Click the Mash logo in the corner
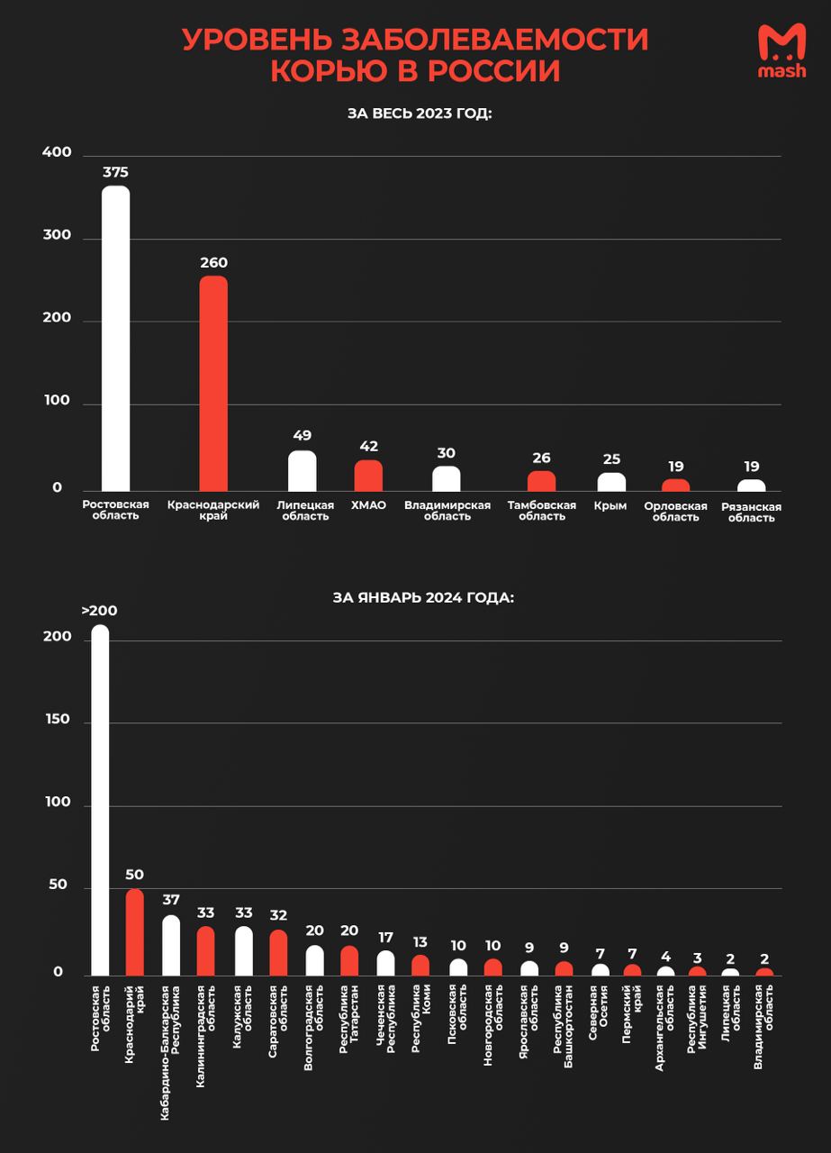[x=781, y=51]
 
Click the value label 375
[x=115, y=172]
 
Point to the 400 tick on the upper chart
[x=57, y=153]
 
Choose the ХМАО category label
[x=368, y=505]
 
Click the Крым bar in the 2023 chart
[x=611, y=482]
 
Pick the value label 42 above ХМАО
[x=368, y=446]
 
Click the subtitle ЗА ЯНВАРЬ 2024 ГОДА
[x=423, y=596]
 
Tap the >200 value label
[x=99, y=611]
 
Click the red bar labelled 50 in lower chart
[x=135, y=932]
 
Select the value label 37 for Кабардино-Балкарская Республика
[x=171, y=900]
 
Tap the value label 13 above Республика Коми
[x=420, y=942]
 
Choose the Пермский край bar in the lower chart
[x=633, y=970]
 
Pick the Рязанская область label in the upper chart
[x=751, y=513]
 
